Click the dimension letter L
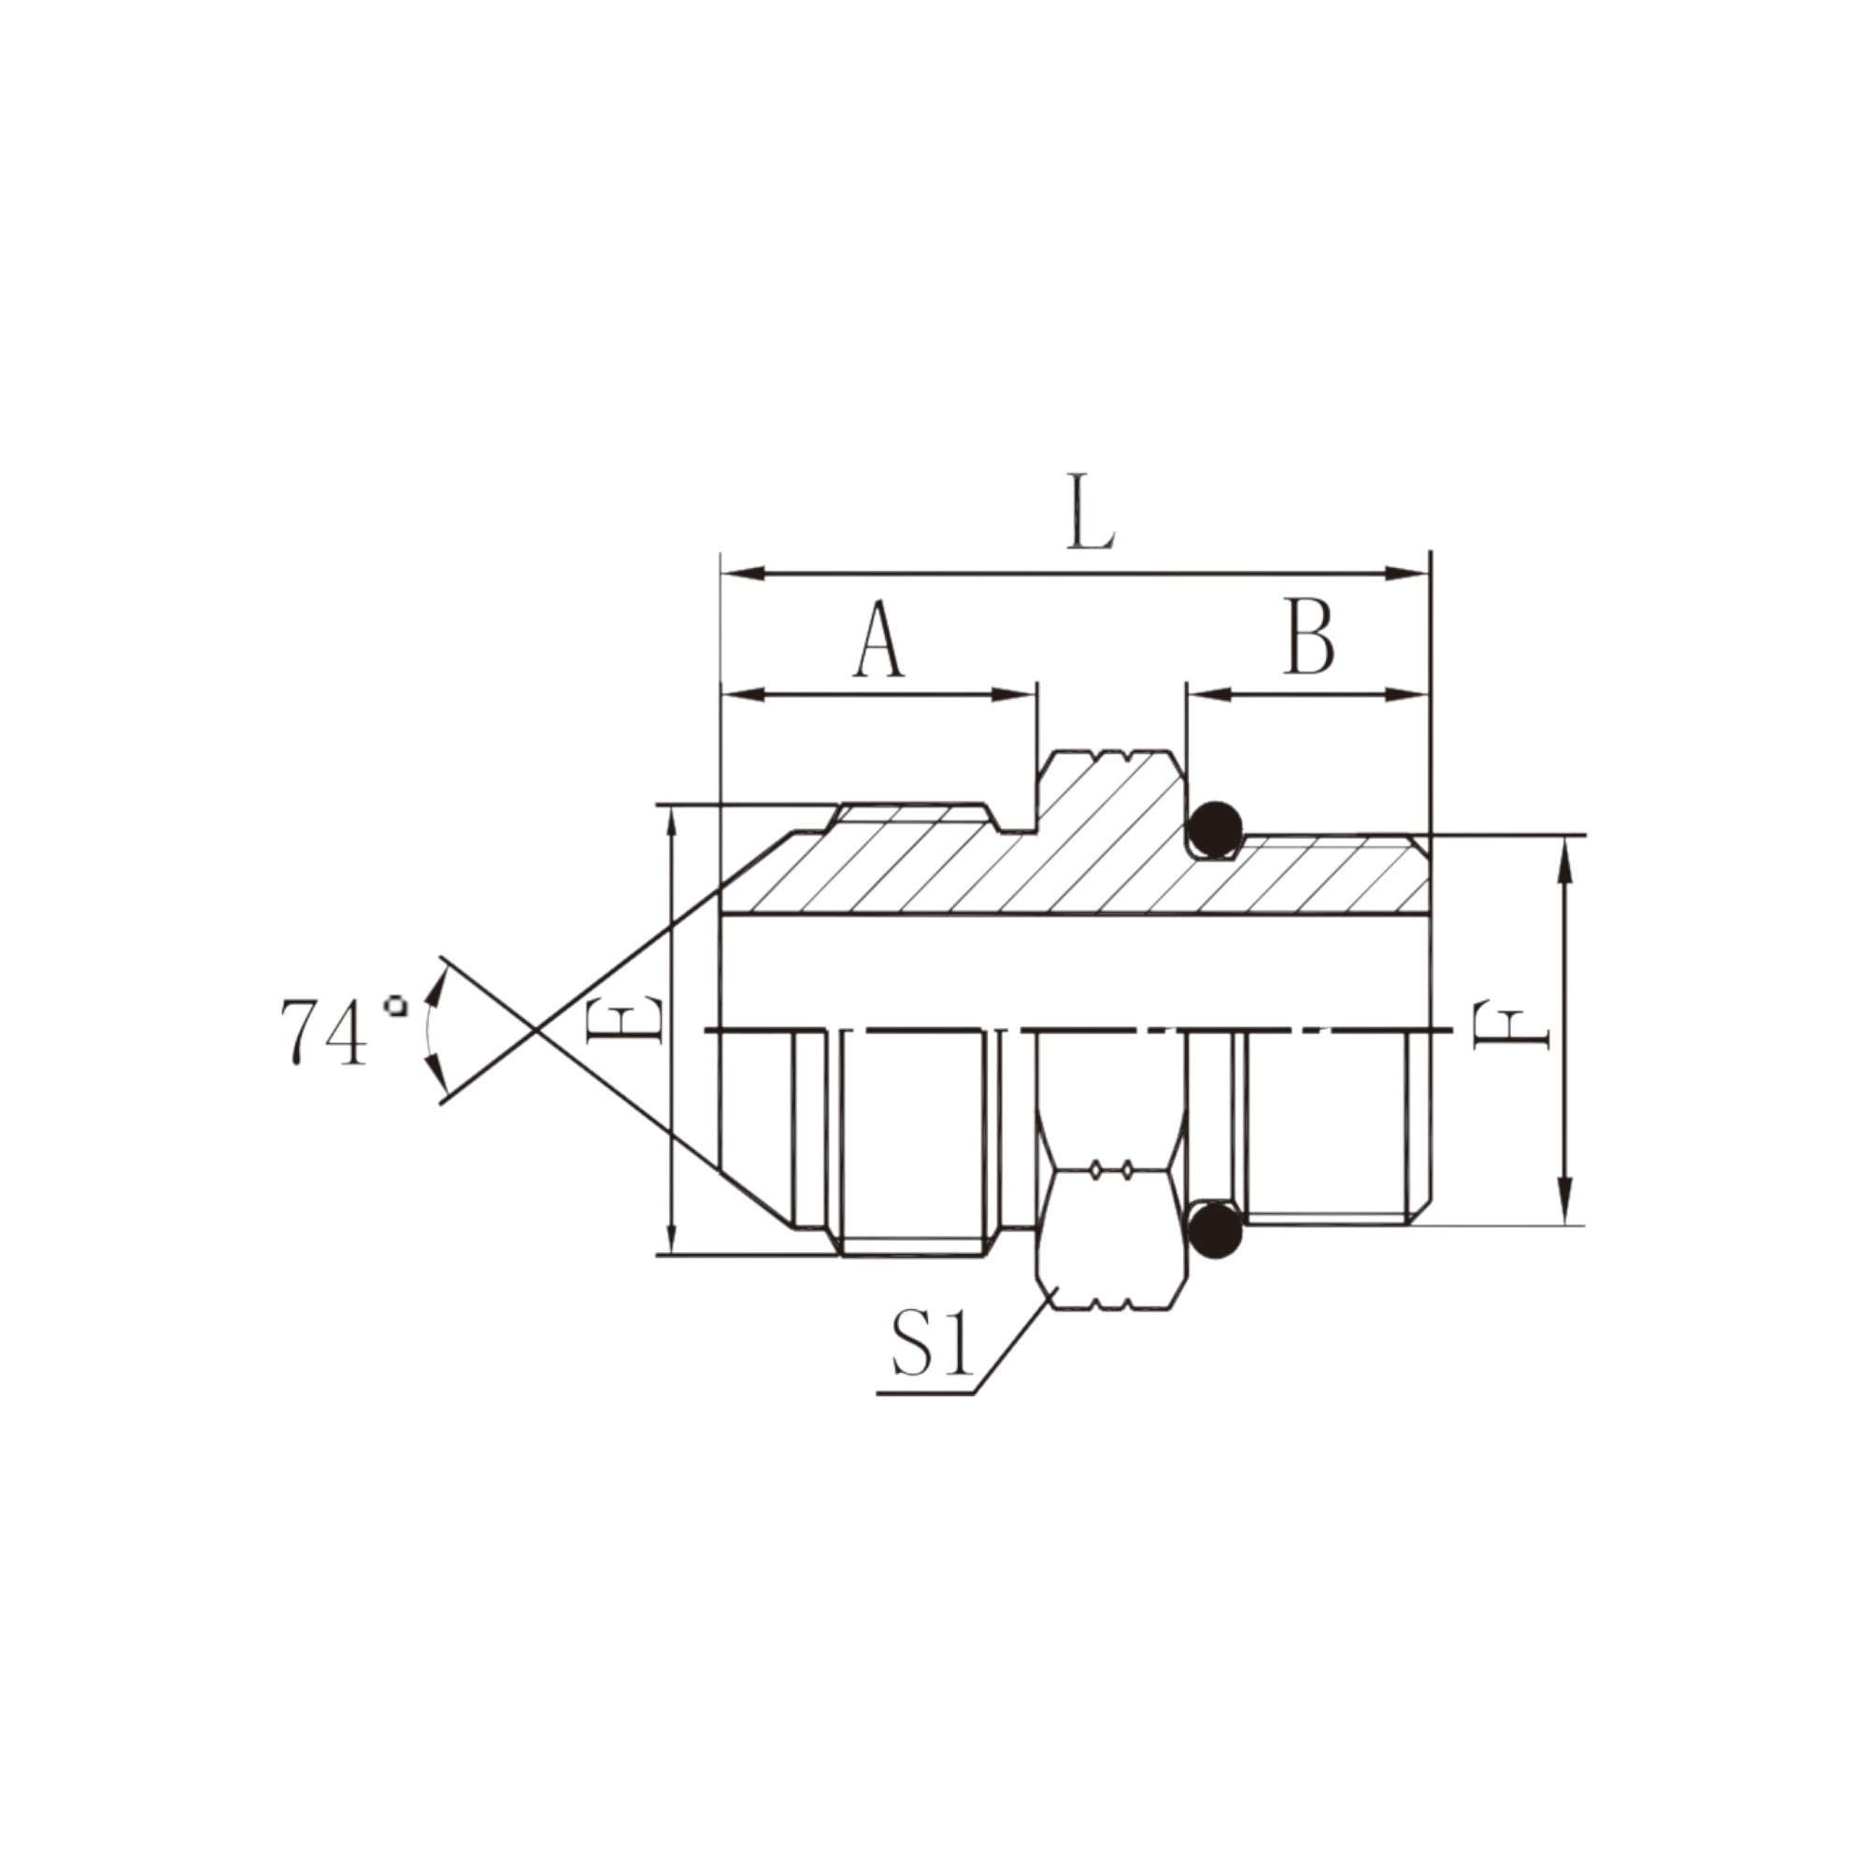1091,513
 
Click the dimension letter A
878,639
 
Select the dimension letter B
1309,639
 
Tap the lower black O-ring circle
1215,1232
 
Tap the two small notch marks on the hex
1110,1172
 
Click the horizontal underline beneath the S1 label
925,1393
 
